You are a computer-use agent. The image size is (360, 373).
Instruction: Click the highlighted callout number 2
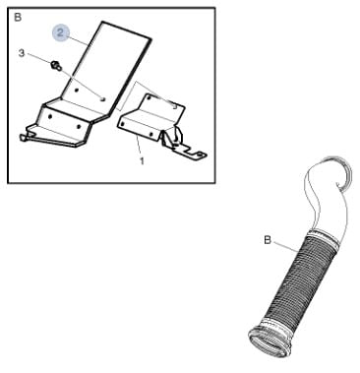tap(61, 32)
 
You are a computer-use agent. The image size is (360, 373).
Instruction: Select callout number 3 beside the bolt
tap(22, 52)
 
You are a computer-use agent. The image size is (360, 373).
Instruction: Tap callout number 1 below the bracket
tap(142, 161)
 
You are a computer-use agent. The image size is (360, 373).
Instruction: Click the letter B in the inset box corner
tap(18, 17)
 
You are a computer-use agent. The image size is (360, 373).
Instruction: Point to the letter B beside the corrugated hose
tap(268, 240)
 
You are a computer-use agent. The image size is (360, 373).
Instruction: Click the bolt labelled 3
tap(55, 66)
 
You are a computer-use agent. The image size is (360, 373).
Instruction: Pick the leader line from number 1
tap(139, 147)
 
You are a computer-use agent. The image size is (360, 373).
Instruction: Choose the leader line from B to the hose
tap(285, 246)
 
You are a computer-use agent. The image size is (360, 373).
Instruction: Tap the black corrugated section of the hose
tap(298, 282)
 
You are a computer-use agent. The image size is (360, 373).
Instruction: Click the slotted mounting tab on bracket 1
tap(194, 153)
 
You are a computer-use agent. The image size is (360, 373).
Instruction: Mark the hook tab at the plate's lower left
tap(24, 137)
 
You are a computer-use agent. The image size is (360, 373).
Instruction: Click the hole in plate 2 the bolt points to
tap(103, 98)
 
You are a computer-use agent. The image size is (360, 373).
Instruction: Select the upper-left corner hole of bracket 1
tap(148, 97)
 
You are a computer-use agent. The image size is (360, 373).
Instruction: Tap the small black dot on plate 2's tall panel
tap(76, 91)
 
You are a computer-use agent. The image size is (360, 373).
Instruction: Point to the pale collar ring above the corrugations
tap(323, 239)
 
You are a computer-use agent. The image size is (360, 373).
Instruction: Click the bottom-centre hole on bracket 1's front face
tap(150, 134)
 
